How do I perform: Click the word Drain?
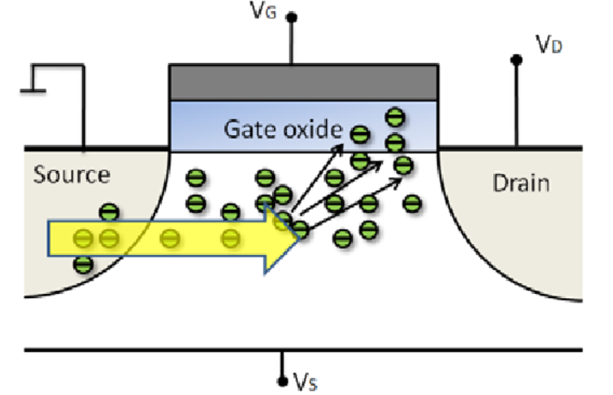click(x=521, y=184)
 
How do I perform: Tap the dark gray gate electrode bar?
click(x=304, y=82)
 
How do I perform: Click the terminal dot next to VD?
click(x=517, y=60)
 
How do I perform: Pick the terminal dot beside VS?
click(x=282, y=380)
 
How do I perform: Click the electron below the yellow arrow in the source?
click(x=82, y=265)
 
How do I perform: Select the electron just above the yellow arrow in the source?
click(x=109, y=212)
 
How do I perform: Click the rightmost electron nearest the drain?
click(x=412, y=203)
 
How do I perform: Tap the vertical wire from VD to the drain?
click(x=517, y=103)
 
